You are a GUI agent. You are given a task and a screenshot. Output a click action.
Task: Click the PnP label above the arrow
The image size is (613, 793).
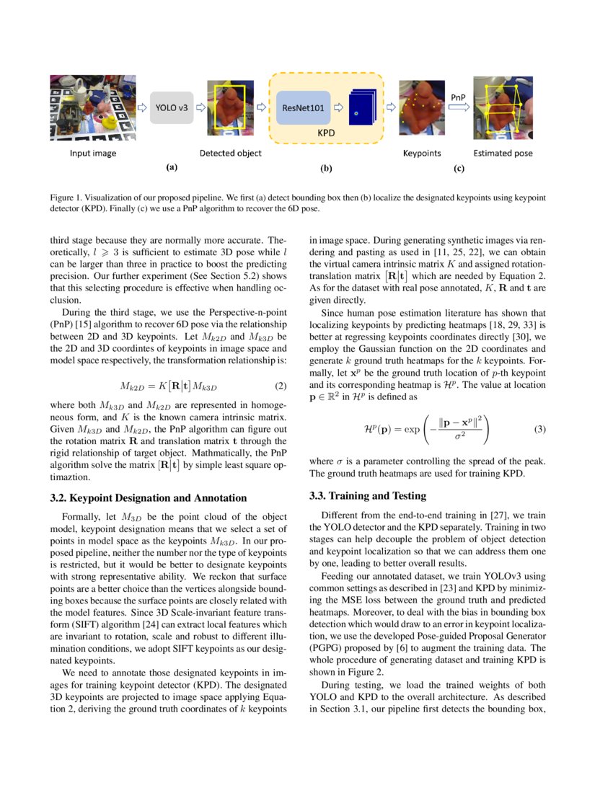[x=458, y=96]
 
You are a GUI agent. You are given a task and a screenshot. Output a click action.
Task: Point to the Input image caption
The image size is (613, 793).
[x=93, y=153]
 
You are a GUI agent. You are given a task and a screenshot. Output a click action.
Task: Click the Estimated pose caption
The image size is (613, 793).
[x=503, y=153]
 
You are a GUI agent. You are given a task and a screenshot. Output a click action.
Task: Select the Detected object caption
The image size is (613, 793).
[x=230, y=153]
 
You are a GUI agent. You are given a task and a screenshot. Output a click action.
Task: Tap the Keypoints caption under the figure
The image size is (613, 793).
[x=421, y=153]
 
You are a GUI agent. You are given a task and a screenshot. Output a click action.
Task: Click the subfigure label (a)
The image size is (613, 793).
[x=171, y=167]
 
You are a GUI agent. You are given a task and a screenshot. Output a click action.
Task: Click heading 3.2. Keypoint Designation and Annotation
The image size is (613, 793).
[x=149, y=497]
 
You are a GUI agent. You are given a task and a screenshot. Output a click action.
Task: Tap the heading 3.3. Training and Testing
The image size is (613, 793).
[x=367, y=495]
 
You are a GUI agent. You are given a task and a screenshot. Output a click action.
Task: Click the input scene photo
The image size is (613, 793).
[x=93, y=108]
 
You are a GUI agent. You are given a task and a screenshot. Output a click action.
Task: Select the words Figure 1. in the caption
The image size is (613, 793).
[x=66, y=197]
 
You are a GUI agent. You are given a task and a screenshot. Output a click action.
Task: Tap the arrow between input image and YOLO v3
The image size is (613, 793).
[x=142, y=107]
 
